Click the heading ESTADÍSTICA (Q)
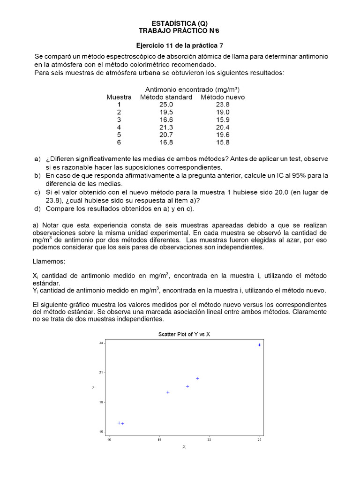180,23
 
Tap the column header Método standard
166,97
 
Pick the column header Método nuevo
223,97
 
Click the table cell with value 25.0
166,105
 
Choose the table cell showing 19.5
166,112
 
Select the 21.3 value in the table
166,127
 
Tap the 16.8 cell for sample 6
166,142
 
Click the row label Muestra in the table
119,97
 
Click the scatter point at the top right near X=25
259,345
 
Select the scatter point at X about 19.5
168,392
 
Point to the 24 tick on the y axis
101,343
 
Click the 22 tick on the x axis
210,439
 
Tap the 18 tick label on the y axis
101,402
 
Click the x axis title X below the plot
184,447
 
